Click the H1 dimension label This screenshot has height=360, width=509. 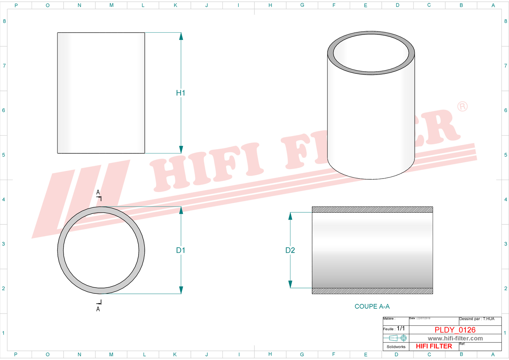[181, 93]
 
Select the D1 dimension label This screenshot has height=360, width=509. [181, 250]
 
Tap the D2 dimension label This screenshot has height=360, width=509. [290, 250]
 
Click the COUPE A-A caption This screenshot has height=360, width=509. [372, 307]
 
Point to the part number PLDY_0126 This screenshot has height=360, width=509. [455, 330]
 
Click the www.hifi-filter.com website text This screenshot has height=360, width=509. [455, 339]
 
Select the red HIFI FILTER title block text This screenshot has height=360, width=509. [434, 346]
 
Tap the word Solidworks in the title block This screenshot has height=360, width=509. [396, 347]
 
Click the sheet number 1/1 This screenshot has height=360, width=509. [401, 328]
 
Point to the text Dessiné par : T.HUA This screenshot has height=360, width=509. [477, 319]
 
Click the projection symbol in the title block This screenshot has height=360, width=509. [398, 338]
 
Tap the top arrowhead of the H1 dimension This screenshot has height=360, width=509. [181, 36]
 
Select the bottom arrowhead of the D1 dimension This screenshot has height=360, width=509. [181, 290]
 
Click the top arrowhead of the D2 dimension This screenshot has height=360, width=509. [290, 216]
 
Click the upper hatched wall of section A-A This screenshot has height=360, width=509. [372, 209]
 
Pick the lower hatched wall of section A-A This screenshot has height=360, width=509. [372, 291]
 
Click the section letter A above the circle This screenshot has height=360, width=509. [98, 192]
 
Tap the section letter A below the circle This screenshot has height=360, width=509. [98, 309]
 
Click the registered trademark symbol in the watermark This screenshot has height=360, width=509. [462, 107]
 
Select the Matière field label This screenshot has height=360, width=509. [389, 319]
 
